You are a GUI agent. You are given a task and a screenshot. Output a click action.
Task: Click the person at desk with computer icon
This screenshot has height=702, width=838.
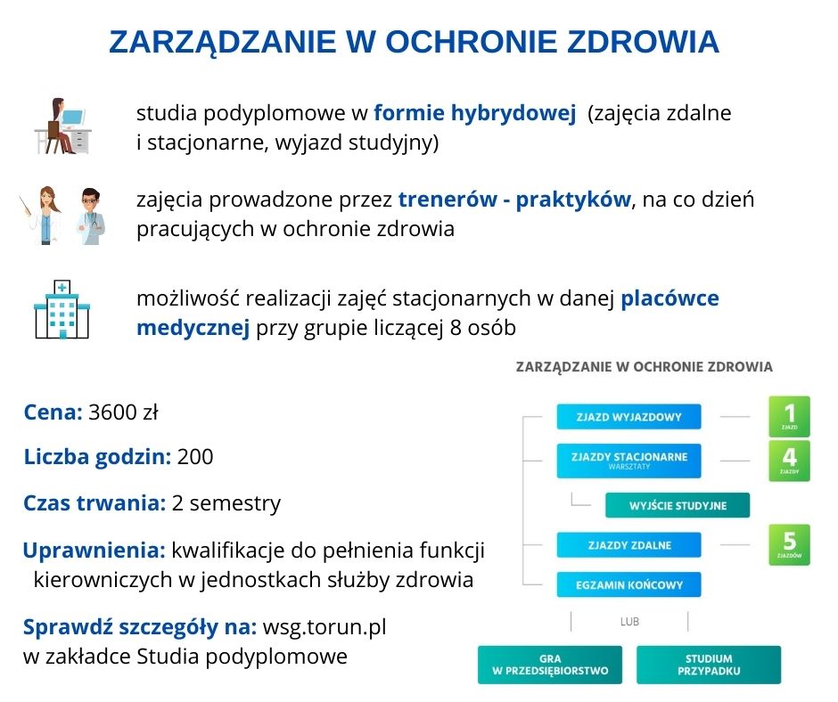click(x=62, y=127)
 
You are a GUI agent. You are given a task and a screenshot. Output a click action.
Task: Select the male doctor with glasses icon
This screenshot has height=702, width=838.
click(x=89, y=216)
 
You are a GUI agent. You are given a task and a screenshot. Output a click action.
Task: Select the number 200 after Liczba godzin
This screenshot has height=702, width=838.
click(x=195, y=458)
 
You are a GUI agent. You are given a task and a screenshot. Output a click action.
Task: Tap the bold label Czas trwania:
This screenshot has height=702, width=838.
click(x=94, y=503)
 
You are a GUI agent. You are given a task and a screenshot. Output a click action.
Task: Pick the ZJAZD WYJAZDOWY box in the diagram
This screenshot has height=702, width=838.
click(x=628, y=416)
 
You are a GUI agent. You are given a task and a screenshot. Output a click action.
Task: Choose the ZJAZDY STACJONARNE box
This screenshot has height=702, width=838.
click(x=628, y=460)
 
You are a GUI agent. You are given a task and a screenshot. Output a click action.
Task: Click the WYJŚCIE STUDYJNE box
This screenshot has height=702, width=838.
click(x=678, y=505)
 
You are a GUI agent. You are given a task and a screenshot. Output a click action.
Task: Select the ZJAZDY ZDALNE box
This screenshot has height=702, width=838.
click(x=628, y=545)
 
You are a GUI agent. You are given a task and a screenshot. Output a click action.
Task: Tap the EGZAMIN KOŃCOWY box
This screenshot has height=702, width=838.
click(x=628, y=585)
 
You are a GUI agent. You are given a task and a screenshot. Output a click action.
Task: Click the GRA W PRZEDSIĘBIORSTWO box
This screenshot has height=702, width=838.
click(x=550, y=665)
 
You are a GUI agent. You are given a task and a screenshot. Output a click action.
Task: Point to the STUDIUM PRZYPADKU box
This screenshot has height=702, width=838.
click(x=708, y=665)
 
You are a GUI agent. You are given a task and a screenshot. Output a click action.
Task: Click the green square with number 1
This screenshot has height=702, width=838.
click(x=789, y=416)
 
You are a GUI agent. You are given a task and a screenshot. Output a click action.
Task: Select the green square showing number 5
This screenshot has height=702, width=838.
click(x=789, y=544)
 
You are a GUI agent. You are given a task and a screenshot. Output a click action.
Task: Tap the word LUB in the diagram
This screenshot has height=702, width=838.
click(x=629, y=622)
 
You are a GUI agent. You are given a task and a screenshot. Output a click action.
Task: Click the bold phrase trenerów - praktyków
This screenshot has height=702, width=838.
click(x=514, y=200)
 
